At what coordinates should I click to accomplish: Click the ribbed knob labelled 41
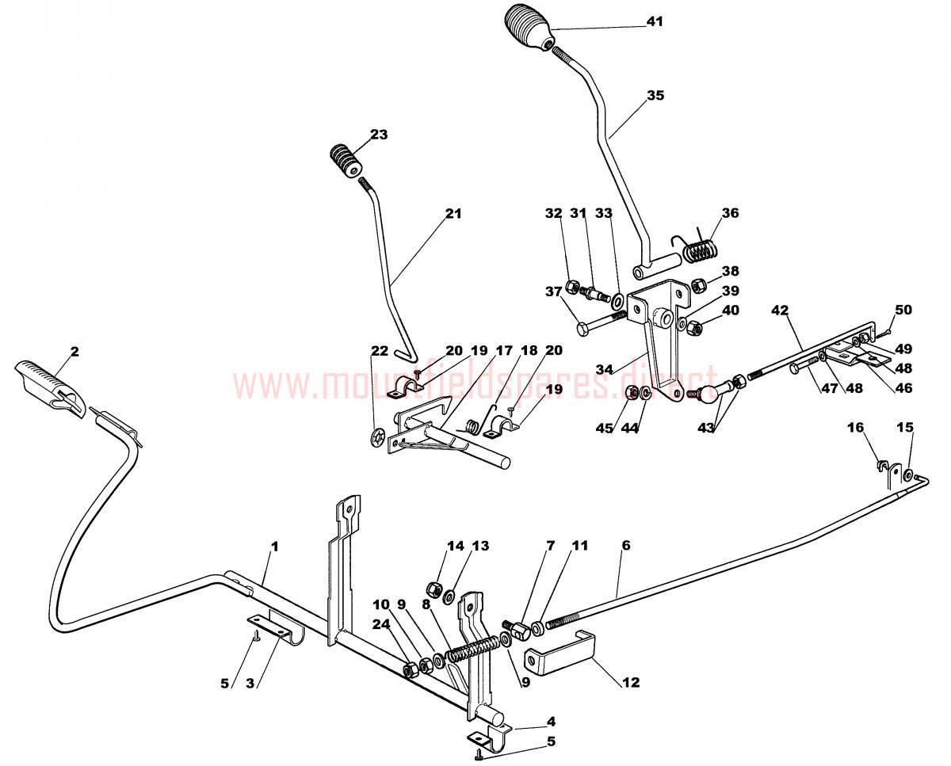pyautogui.click(x=529, y=27)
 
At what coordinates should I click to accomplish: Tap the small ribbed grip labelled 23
pyautogui.click(x=346, y=162)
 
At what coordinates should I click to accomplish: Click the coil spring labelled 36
pyautogui.click(x=700, y=251)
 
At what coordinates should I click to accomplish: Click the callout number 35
pyautogui.click(x=656, y=95)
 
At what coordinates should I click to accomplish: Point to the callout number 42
pyautogui.click(x=780, y=310)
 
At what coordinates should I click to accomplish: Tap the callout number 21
pyautogui.click(x=453, y=214)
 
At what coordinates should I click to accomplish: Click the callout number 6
pyautogui.click(x=626, y=545)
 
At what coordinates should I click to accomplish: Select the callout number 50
pyautogui.click(x=903, y=310)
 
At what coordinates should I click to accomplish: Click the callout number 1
pyautogui.click(x=275, y=547)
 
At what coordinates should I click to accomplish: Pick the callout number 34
pyautogui.click(x=605, y=369)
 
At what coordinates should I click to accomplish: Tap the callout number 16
pyautogui.click(x=856, y=427)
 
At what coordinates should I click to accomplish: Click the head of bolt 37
pyautogui.click(x=583, y=330)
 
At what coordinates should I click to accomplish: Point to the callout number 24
pyautogui.click(x=381, y=624)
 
